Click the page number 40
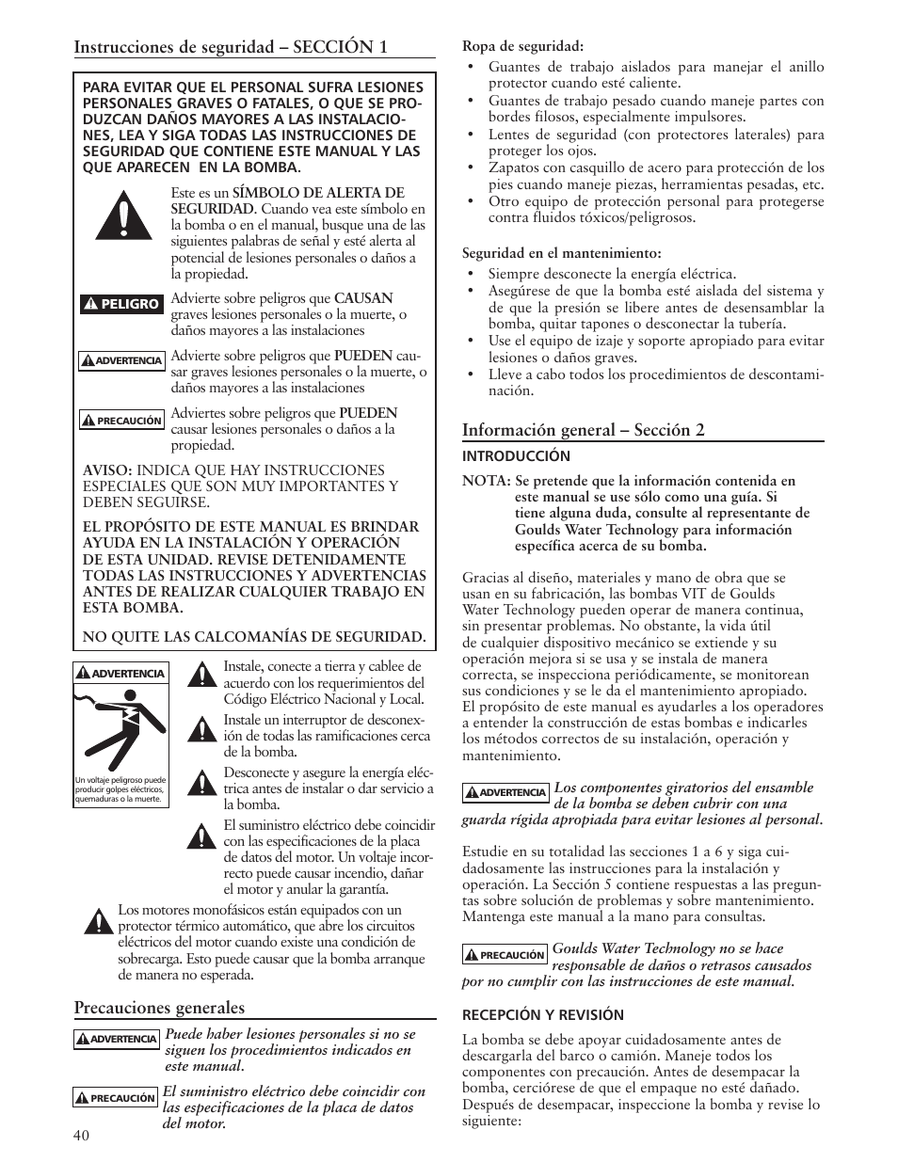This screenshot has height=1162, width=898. (82, 1135)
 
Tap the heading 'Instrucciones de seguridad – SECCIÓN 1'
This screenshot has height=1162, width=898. (231, 48)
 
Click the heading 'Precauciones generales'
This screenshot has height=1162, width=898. (159, 1008)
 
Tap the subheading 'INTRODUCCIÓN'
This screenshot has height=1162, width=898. (516, 456)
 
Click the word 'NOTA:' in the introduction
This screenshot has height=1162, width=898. (486, 481)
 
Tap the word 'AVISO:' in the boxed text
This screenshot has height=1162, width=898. (108, 470)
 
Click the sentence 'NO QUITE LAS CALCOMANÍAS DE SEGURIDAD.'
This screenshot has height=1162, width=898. (254, 637)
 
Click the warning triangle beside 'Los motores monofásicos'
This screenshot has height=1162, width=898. (95, 920)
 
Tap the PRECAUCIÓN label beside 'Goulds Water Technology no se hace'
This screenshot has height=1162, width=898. (505, 955)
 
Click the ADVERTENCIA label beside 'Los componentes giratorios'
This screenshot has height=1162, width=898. (505, 792)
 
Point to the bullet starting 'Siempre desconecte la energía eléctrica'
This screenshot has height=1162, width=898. (612, 275)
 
